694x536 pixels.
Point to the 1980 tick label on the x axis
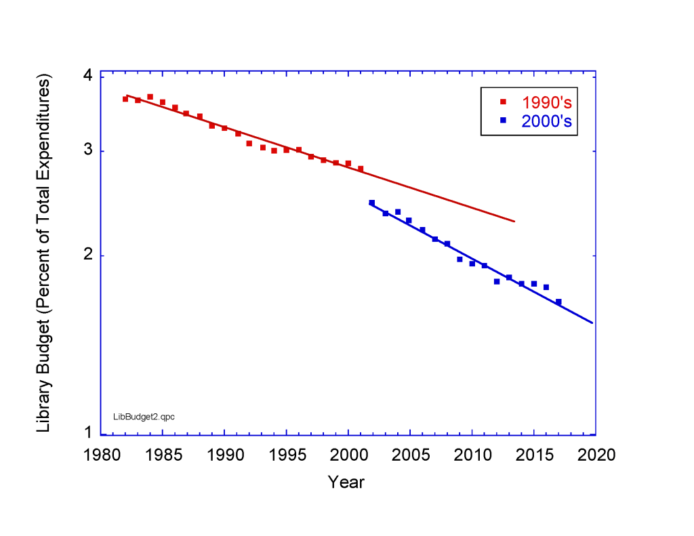click(101, 455)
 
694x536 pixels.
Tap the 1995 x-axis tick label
click(286, 455)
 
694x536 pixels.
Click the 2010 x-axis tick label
click(472, 455)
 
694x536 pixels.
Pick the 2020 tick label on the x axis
click(596, 455)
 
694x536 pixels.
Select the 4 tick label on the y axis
click(87, 76)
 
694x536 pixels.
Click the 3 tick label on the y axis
click(87, 151)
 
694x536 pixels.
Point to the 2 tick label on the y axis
click(87, 256)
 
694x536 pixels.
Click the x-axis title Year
click(346, 482)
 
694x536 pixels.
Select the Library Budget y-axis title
click(45, 255)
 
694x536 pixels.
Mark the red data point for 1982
click(125, 99)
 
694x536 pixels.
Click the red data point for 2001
click(361, 169)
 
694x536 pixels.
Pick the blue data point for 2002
click(371, 203)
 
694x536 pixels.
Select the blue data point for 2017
click(558, 302)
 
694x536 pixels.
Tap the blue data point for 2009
click(460, 260)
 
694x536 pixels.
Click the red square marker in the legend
click(503, 102)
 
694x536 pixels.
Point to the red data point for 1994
click(274, 150)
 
